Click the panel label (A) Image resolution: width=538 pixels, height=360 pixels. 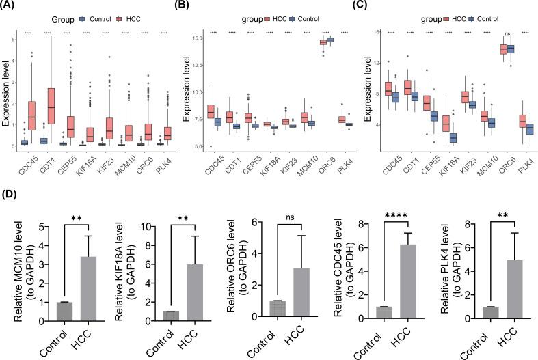point(10,6)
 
